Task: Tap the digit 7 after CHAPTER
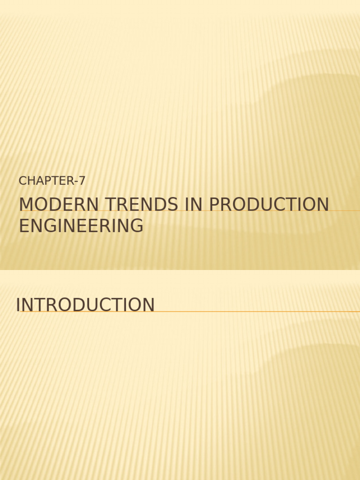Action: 82,180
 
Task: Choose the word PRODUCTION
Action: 268,205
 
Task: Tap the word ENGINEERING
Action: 81,226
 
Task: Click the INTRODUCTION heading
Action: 85,305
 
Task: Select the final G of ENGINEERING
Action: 136,226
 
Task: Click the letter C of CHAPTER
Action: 22,180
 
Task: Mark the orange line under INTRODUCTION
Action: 258,311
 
